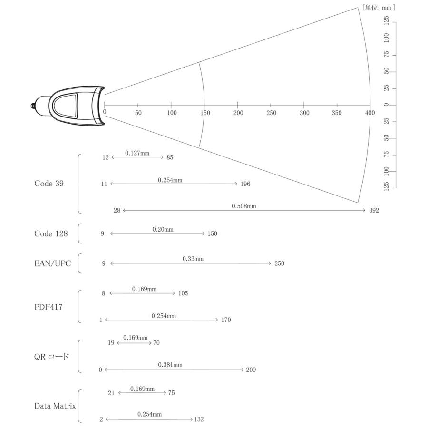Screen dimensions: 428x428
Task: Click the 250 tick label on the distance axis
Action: click(x=272, y=113)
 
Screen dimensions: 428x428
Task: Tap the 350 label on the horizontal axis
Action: click(x=337, y=113)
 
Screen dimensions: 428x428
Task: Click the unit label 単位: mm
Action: click(x=379, y=8)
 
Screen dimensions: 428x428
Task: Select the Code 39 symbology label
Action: click(x=49, y=184)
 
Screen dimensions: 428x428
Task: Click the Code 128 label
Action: click(x=51, y=233)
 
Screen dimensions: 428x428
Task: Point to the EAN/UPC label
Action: click(x=52, y=263)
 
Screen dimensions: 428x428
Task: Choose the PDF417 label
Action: click(x=49, y=307)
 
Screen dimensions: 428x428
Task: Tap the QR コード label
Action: click(x=51, y=357)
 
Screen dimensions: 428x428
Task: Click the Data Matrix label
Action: click(x=55, y=406)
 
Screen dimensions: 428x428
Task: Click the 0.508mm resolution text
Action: click(x=244, y=206)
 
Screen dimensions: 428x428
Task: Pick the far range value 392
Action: click(x=374, y=210)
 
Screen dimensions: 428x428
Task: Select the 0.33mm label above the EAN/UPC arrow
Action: click(x=193, y=259)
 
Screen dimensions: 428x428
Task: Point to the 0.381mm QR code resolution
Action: click(x=170, y=365)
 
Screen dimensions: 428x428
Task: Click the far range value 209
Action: click(x=251, y=370)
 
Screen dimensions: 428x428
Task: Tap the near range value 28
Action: click(x=117, y=210)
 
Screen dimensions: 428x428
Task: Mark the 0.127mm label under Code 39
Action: click(x=137, y=153)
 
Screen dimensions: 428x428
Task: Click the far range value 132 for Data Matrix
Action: click(x=199, y=419)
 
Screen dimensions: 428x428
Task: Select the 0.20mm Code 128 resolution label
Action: click(x=163, y=230)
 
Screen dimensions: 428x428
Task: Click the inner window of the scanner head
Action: click(x=65, y=106)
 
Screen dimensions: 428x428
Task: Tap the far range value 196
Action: click(x=245, y=184)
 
